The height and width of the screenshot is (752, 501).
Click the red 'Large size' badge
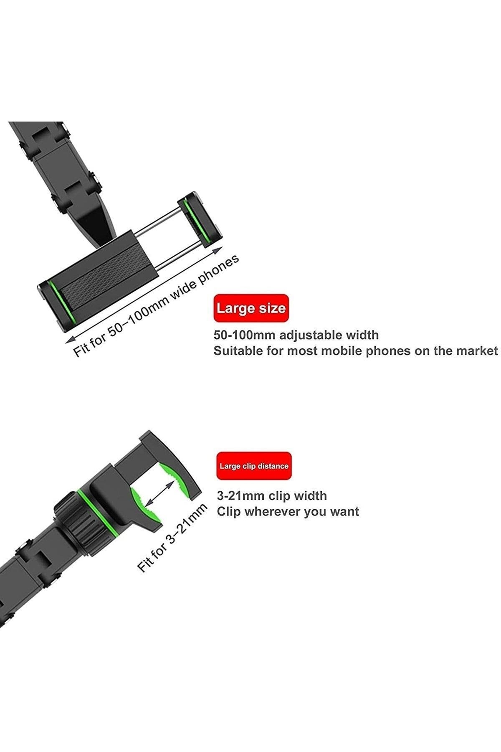(x=251, y=308)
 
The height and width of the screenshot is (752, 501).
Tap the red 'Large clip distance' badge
(x=254, y=466)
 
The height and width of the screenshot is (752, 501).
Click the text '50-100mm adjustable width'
(x=296, y=335)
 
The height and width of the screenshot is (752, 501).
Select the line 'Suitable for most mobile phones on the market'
(x=356, y=351)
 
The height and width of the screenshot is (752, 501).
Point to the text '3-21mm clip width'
(x=272, y=496)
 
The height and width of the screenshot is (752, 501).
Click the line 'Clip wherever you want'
(x=288, y=512)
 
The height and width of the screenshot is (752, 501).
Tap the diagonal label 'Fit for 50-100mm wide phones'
(x=157, y=305)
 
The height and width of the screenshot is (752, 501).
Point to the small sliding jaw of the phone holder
(x=199, y=218)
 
